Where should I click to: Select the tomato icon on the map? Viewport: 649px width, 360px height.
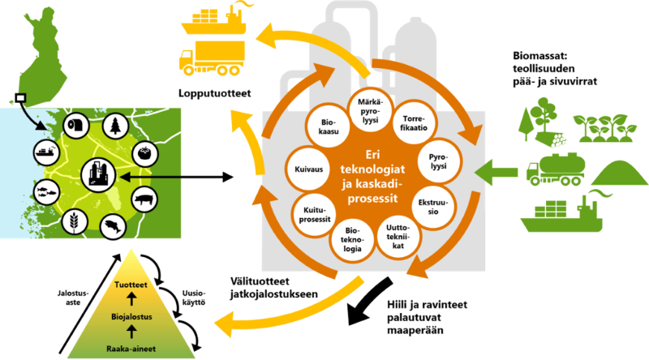tap(144, 150)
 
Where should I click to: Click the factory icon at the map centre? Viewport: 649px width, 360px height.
tap(97, 174)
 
